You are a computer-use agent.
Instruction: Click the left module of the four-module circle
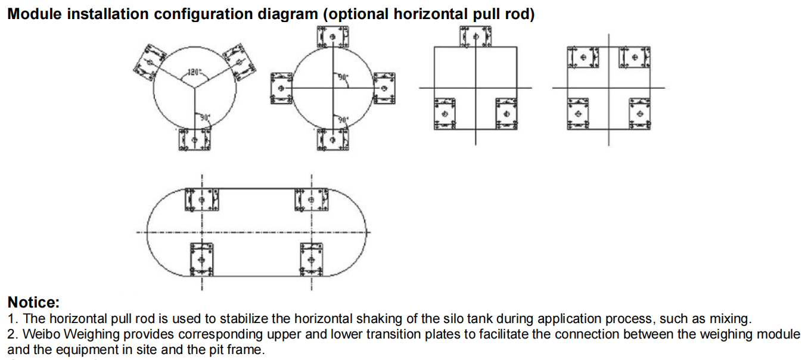click(282, 88)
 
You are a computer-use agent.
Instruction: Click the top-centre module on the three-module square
click(475, 36)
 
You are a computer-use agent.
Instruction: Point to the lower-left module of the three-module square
click(444, 113)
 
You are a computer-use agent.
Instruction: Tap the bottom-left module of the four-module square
click(578, 113)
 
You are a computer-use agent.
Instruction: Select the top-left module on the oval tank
click(202, 200)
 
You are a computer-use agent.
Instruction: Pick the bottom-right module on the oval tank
click(312, 260)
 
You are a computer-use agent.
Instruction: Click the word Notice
click(33, 302)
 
